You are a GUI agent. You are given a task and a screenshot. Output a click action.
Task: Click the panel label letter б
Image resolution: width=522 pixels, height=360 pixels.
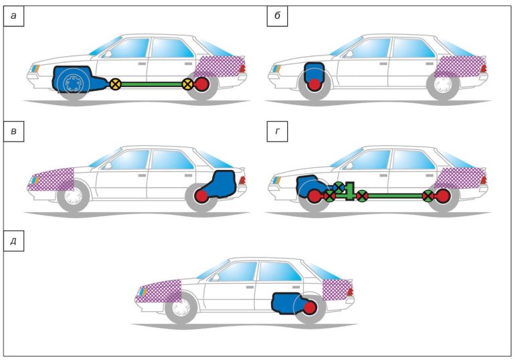click(x=276, y=17)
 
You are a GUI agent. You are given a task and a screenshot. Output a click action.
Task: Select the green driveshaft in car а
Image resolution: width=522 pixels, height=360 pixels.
click(x=151, y=84)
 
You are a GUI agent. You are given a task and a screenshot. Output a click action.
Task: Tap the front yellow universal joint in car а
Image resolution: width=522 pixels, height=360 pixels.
click(x=115, y=84)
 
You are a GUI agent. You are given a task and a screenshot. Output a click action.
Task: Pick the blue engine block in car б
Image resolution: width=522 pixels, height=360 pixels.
click(x=313, y=72)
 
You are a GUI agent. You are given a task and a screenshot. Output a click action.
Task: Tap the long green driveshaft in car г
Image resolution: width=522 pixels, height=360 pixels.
click(x=395, y=196)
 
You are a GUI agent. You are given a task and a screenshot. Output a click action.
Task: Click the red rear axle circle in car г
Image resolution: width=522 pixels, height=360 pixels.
click(x=442, y=196)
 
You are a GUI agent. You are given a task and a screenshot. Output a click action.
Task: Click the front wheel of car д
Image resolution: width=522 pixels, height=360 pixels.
click(x=179, y=309)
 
